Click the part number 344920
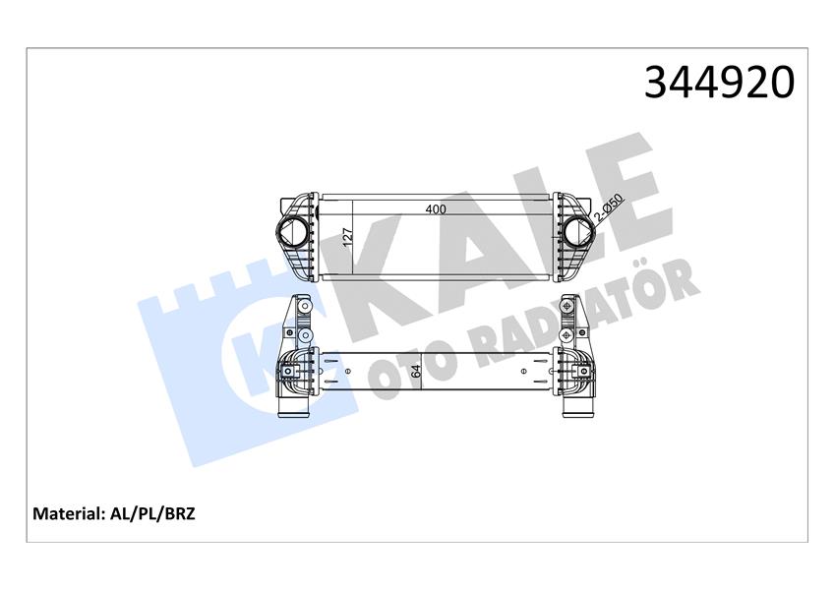tap(718, 84)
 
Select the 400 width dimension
tap(435, 209)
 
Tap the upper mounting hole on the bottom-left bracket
tap(304, 312)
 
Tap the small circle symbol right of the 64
tap(522, 372)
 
